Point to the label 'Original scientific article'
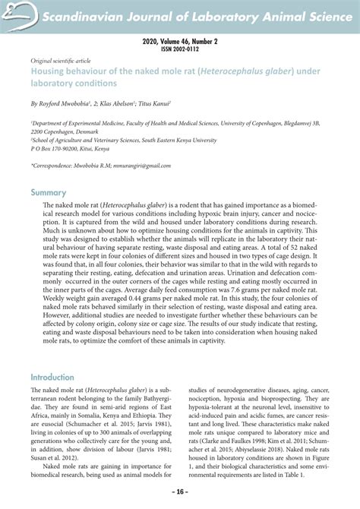tap(60, 60)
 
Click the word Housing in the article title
tap(49, 70)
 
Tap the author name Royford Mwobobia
tap(70, 101)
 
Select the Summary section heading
tap(49, 192)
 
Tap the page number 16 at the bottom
tap(179, 492)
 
